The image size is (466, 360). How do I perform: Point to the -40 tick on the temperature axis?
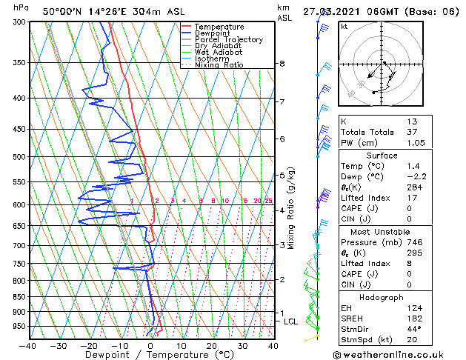(28, 346)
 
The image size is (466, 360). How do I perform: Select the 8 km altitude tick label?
(282, 64)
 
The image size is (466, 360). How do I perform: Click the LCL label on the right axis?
(290, 321)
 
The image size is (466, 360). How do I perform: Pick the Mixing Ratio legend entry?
(219, 65)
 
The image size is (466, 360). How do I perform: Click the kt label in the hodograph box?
(344, 26)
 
